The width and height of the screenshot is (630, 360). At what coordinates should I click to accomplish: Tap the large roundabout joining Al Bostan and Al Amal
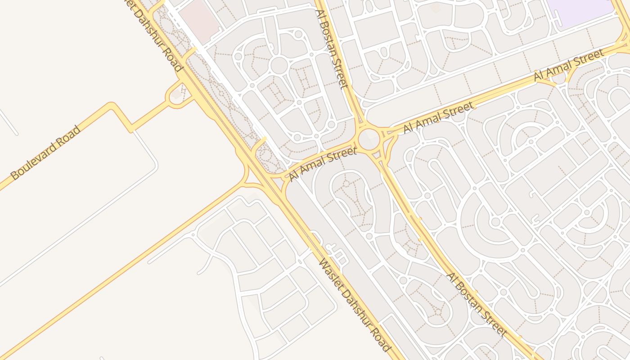point(369,138)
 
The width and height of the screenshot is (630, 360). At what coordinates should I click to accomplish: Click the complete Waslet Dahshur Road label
point(354,305)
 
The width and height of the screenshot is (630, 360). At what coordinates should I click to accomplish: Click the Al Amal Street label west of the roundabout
point(323,164)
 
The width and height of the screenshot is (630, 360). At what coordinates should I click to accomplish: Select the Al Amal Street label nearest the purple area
point(569,65)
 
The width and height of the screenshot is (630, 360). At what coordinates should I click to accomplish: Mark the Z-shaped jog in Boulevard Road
point(121,117)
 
